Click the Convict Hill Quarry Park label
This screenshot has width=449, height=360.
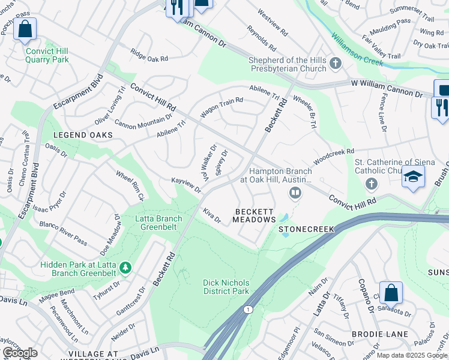pyautogui.click(x=47, y=55)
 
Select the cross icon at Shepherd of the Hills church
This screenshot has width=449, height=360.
pyautogui.click(x=335, y=62)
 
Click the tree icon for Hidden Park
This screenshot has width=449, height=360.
pyautogui.click(x=125, y=266)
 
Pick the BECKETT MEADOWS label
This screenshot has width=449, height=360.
pyautogui.click(x=255, y=216)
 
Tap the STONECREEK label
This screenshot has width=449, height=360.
pyautogui.click(x=306, y=229)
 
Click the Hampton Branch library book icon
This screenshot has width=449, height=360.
pyautogui.click(x=295, y=193)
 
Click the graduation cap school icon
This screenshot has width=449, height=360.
pyautogui.click(x=413, y=177)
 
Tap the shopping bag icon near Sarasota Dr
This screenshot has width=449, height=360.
pyautogui.click(x=391, y=293)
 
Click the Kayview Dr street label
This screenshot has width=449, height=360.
pyautogui.click(x=186, y=185)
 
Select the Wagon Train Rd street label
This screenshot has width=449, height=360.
pyautogui.click(x=221, y=106)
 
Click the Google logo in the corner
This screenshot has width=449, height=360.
pyautogui.click(x=20, y=353)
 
